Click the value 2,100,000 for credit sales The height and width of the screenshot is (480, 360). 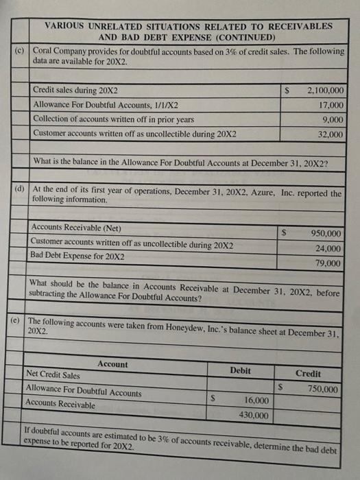(326, 90)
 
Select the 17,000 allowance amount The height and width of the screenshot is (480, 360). (331, 105)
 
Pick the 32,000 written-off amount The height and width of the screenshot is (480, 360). (331, 135)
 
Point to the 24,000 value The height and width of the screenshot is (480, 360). (328, 248)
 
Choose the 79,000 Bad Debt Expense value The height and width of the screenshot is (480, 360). (328, 263)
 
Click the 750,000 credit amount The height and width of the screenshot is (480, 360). (321, 389)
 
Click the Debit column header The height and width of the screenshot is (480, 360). (240, 371)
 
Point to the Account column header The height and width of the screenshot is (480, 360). (112, 364)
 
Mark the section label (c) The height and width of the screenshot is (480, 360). (20, 52)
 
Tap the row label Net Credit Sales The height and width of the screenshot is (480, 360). (52, 376)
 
